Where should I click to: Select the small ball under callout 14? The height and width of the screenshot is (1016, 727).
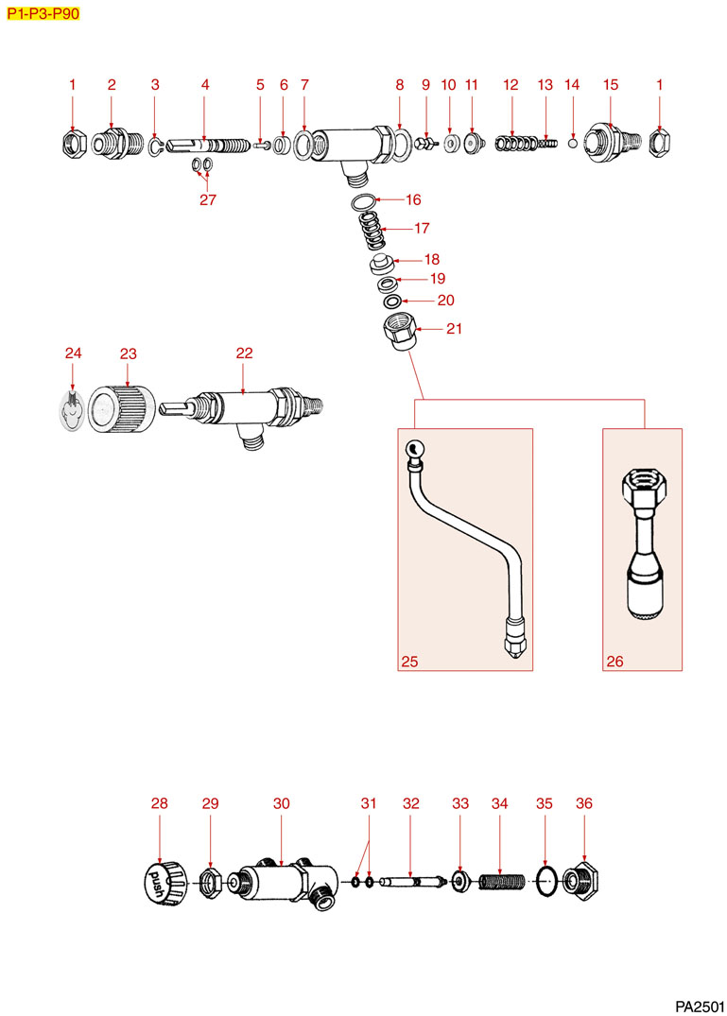tap(572, 144)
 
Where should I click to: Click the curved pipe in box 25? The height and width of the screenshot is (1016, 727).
tap(463, 548)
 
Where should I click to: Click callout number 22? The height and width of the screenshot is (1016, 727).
tap(245, 353)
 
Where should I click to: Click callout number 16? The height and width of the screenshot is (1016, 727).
tap(413, 200)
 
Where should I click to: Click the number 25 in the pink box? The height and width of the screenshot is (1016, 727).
tap(409, 661)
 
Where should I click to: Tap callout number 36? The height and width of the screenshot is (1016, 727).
tap(584, 802)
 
